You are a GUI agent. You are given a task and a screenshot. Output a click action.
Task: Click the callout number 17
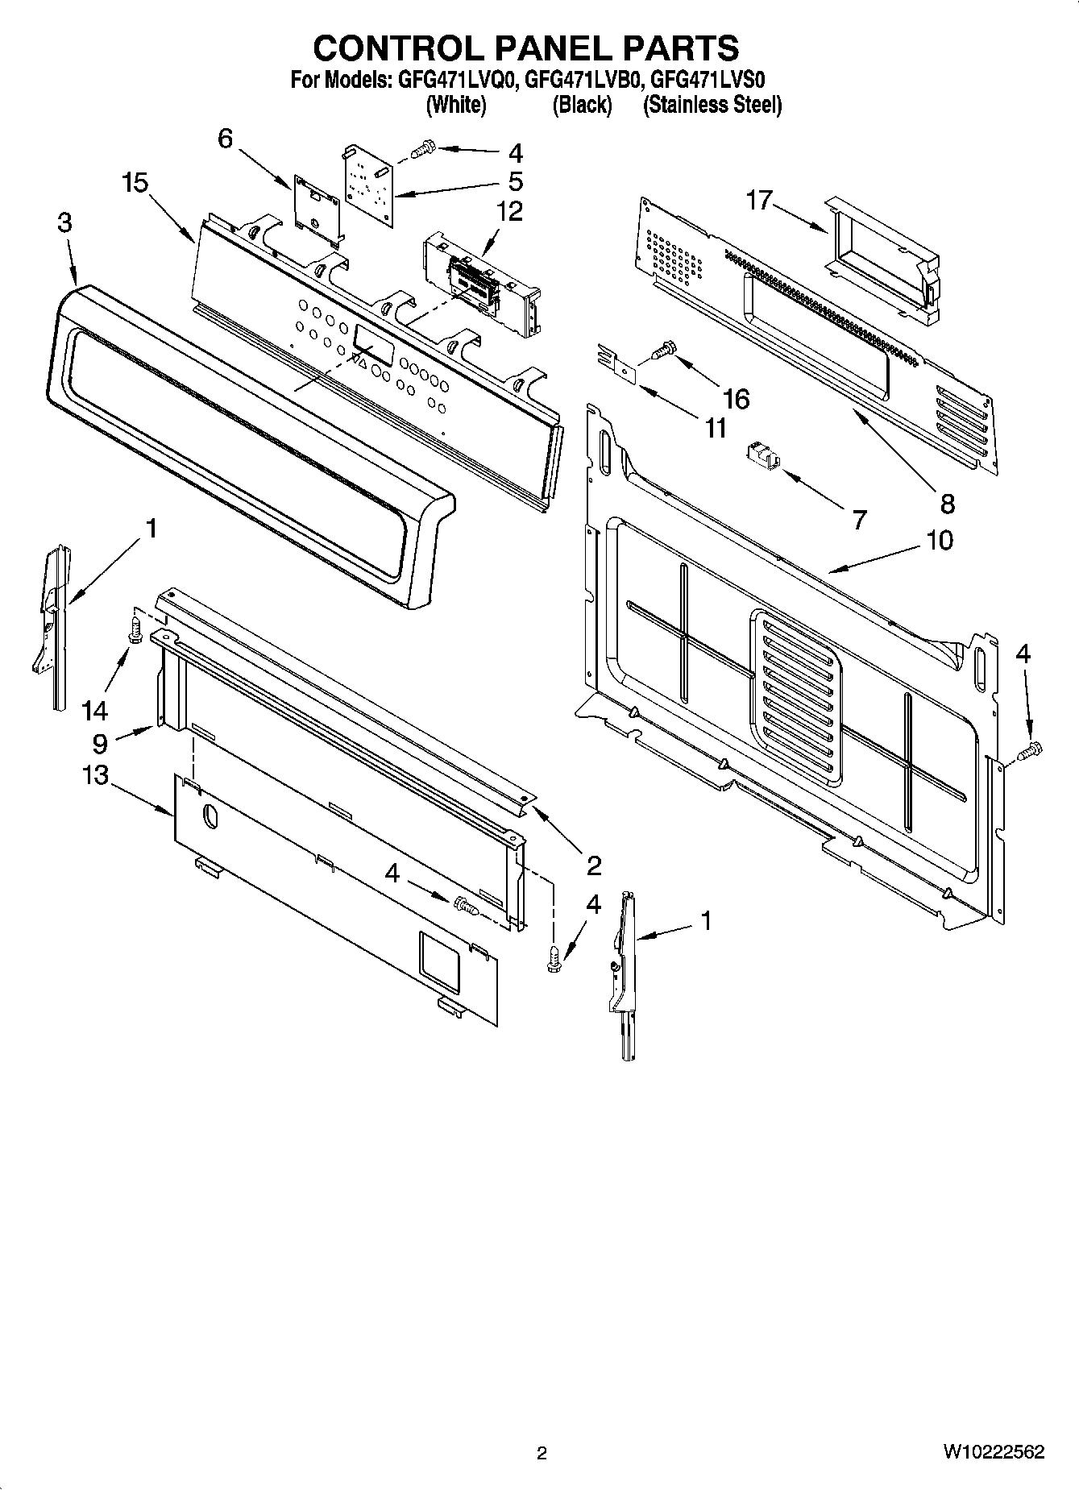click(x=759, y=199)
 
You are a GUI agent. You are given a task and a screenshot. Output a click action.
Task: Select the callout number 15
click(x=135, y=184)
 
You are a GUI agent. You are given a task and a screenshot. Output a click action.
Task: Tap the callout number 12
click(x=509, y=211)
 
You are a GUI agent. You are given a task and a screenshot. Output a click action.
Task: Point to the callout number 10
click(x=940, y=539)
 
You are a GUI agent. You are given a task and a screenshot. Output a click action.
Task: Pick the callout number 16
click(x=736, y=398)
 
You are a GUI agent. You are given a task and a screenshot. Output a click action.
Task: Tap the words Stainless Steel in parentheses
click(x=712, y=105)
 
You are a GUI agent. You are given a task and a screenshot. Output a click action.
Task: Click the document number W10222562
click(x=994, y=1451)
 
